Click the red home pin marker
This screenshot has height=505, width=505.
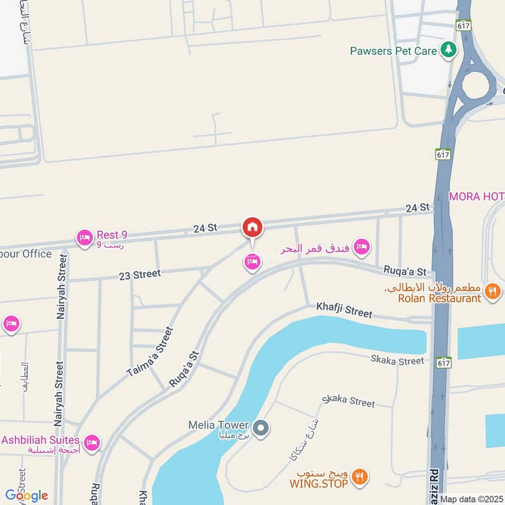(252, 227)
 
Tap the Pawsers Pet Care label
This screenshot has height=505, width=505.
(393, 50)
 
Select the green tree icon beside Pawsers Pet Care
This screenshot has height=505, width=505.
(448, 50)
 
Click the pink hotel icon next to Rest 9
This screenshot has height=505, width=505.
(83, 238)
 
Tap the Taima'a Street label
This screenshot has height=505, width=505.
(150, 352)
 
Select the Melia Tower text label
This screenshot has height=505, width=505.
(218, 425)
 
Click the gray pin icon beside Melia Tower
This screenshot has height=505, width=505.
(262, 429)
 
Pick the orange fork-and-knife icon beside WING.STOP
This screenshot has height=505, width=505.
(360, 478)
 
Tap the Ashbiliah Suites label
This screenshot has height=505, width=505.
(40, 439)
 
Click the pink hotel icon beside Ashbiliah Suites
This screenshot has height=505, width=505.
(92, 443)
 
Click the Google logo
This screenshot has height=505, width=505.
(26, 495)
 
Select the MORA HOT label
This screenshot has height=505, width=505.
(477, 196)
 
